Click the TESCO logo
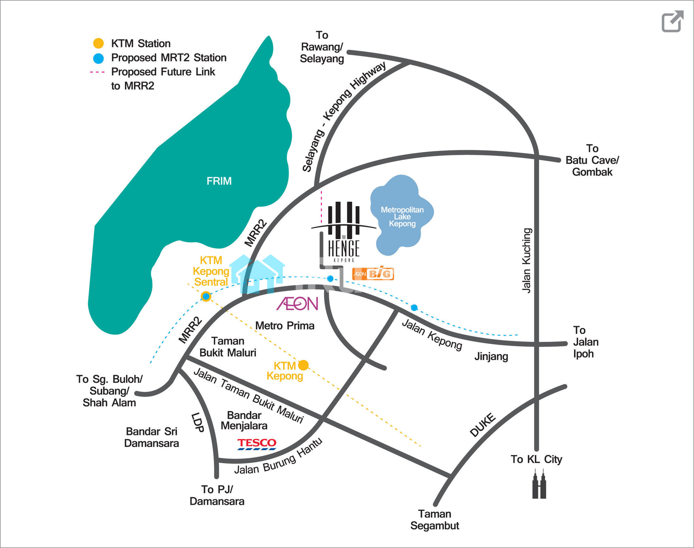(x=257, y=444)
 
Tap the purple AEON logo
(x=297, y=304)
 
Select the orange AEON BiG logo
(x=373, y=274)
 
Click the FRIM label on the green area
(x=219, y=181)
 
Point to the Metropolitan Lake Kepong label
(x=402, y=217)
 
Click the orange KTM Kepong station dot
(x=303, y=365)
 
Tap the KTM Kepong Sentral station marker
(x=206, y=296)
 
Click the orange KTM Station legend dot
(x=99, y=43)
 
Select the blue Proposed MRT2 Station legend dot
(x=99, y=58)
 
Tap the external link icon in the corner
(x=672, y=22)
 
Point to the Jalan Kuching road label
(x=527, y=260)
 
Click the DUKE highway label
(x=483, y=425)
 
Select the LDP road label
(x=197, y=422)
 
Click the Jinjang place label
(x=491, y=356)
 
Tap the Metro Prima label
(x=285, y=326)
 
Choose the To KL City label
(x=536, y=459)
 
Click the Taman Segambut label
(x=434, y=520)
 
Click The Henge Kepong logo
(x=344, y=233)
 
